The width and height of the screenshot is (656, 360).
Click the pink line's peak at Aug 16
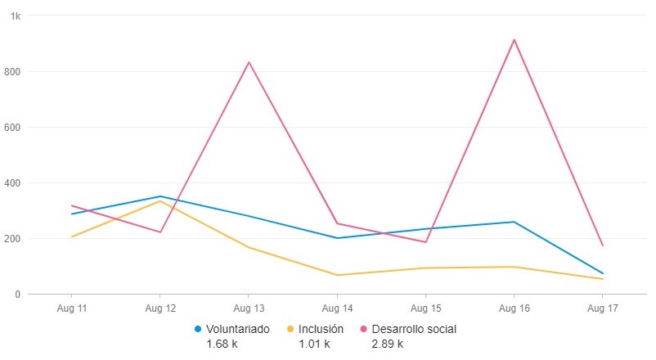point(514,39)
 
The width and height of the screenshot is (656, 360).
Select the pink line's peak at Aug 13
point(249,62)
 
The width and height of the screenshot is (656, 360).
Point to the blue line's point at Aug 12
point(160,196)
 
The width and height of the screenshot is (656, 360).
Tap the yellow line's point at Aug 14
point(337,275)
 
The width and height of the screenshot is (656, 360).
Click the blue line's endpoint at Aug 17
point(602,273)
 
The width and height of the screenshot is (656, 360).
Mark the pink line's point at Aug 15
point(425,242)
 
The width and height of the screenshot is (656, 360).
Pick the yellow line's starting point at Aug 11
point(72,236)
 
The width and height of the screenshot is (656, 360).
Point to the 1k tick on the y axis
point(16,16)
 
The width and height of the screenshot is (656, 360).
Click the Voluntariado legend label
point(238,329)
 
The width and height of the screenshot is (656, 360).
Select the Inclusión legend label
point(321,329)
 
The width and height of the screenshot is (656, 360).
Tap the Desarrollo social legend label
point(414,329)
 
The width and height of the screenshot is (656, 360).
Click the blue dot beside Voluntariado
point(198,329)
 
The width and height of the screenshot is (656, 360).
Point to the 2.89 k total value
point(388,344)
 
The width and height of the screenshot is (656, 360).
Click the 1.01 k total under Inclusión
point(314,344)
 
